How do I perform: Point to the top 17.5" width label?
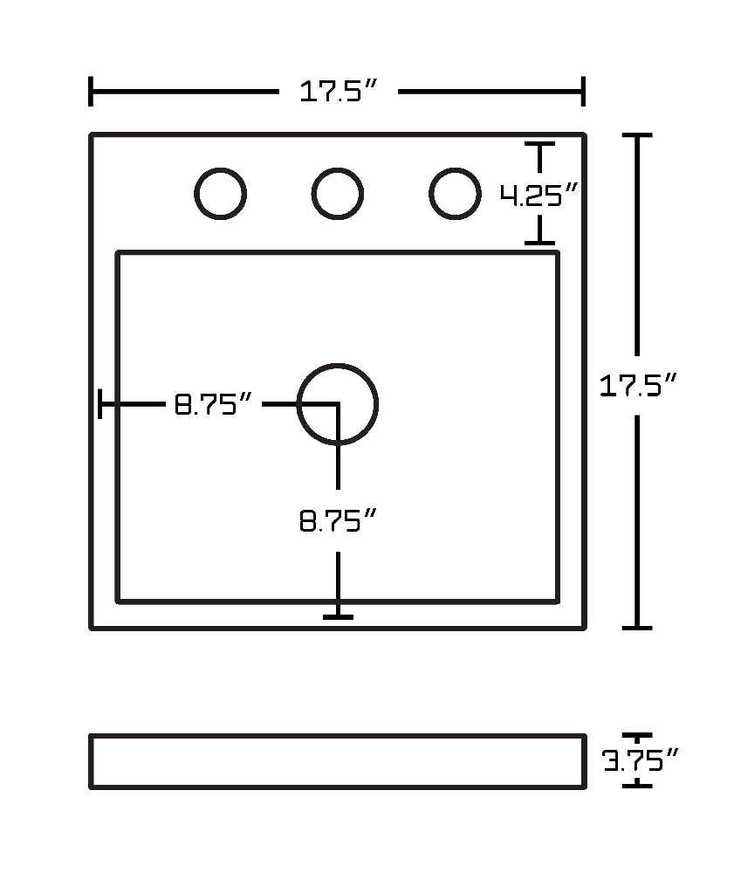click(339, 91)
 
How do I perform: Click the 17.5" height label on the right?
click(638, 385)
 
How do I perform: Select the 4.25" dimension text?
click(538, 195)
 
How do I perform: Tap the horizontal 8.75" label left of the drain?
click(213, 404)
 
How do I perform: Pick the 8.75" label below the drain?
click(339, 521)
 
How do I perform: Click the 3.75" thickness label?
click(640, 760)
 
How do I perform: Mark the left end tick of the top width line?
click(91, 91)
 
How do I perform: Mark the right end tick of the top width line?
click(583, 91)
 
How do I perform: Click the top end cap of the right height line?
click(637, 135)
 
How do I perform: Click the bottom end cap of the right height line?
click(637, 628)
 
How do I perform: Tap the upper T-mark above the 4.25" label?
click(539, 144)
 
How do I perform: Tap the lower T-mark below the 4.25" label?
click(539, 243)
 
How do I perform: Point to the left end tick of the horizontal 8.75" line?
click(99, 403)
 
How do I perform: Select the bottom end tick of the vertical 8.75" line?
click(338, 617)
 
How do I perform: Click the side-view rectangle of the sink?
click(338, 735)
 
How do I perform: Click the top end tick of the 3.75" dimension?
click(637, 736)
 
